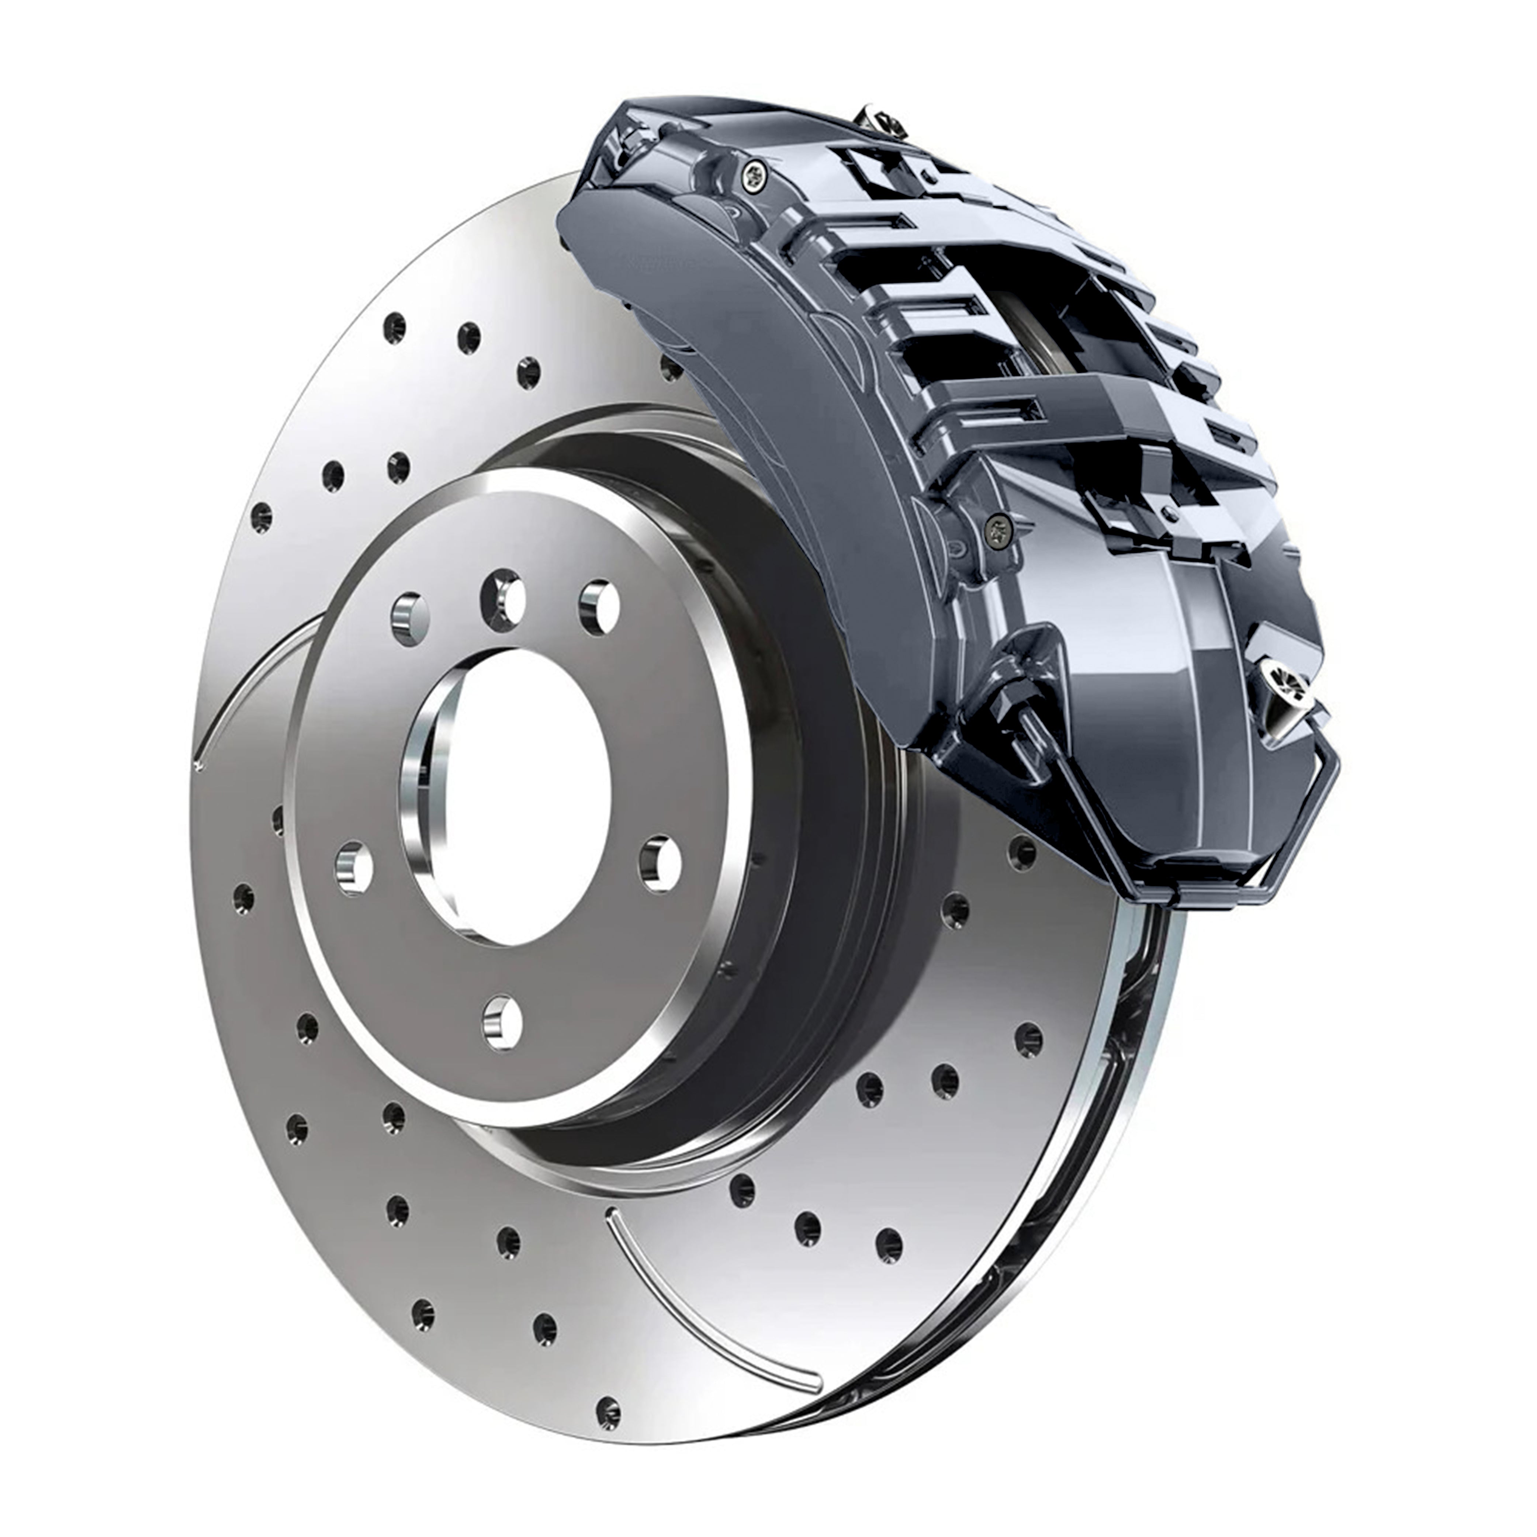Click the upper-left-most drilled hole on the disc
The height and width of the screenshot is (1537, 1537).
click(394, 326)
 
